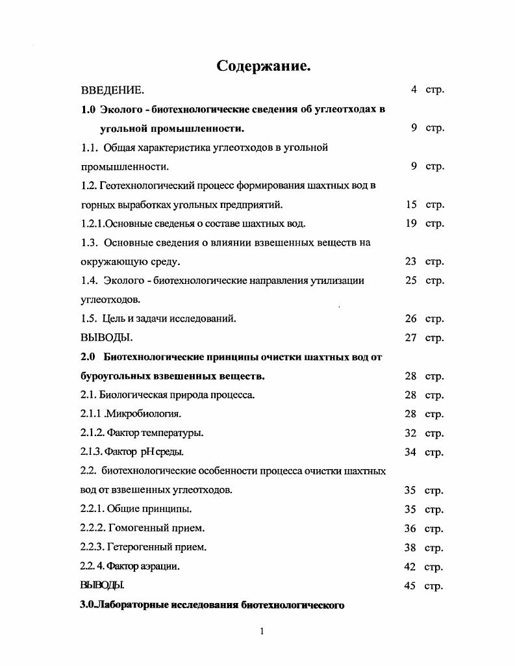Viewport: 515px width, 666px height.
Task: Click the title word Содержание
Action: (263, 66)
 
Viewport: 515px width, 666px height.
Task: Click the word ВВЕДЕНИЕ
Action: (112, 90)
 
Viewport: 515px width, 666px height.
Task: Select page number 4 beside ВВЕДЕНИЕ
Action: (413, 90)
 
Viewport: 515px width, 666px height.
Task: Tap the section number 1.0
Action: (88, 109)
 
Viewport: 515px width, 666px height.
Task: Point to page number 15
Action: (411, 205)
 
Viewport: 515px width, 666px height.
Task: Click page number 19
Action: (411, 224)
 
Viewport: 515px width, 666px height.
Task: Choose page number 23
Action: (410, 262)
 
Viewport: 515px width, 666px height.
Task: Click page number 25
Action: (410, 281)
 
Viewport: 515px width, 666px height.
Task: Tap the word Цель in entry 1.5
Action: (114, 319)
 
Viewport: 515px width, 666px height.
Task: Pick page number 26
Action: (410, 319)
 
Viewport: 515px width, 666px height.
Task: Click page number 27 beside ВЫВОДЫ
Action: (410, 338)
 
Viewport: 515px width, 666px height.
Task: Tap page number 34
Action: (410, 452)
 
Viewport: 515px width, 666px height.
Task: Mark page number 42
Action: (410, 567)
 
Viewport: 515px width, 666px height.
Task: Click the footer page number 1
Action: (262, 632)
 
